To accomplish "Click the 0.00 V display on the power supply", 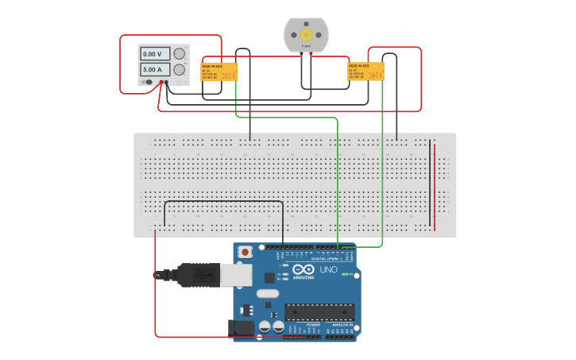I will click(154, 54).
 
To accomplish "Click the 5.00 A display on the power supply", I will click(154, 70).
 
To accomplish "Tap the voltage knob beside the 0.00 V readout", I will click(180, 54).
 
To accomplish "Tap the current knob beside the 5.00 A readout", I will click(180, 70).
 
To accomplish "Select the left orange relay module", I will click(219, 72).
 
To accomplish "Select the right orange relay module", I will click(365, 72).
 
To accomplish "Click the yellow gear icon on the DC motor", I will click(306, 35).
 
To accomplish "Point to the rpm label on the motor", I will click(306, 47).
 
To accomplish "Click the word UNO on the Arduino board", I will click(328, 270).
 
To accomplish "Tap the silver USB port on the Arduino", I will click(236, 275).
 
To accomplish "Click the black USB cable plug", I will click(199, 275).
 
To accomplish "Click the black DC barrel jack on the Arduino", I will click(241, 327).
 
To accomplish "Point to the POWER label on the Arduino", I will click(313, 325).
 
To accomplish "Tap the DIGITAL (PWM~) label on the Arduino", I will click(327, 259).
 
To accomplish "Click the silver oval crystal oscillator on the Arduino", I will click(268, 293).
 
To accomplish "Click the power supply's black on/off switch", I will click(149, 82).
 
